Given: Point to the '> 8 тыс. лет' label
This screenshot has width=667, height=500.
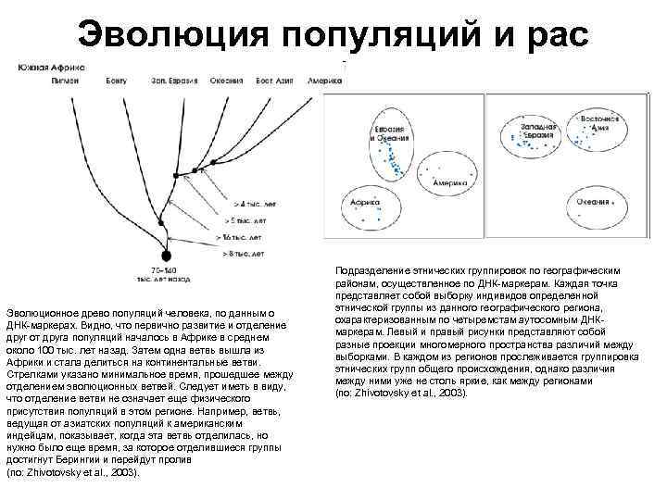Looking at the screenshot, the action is (245, 253).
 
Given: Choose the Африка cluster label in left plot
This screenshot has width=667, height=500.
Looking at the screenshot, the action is (363, 201).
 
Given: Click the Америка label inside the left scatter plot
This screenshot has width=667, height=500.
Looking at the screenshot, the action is (448, 183).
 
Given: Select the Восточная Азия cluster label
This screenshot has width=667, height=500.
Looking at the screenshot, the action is (600, 123).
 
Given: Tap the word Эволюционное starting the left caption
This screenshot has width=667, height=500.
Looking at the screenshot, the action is (44, 314).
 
